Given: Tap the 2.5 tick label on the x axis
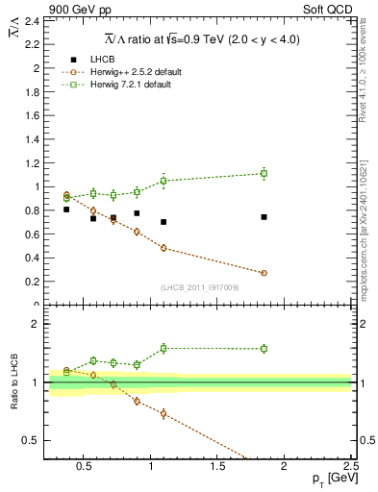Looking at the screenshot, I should click(350, 468).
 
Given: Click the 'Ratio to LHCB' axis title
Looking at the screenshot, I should click(14, 381).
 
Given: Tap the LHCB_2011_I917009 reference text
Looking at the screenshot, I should click(200, 287).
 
